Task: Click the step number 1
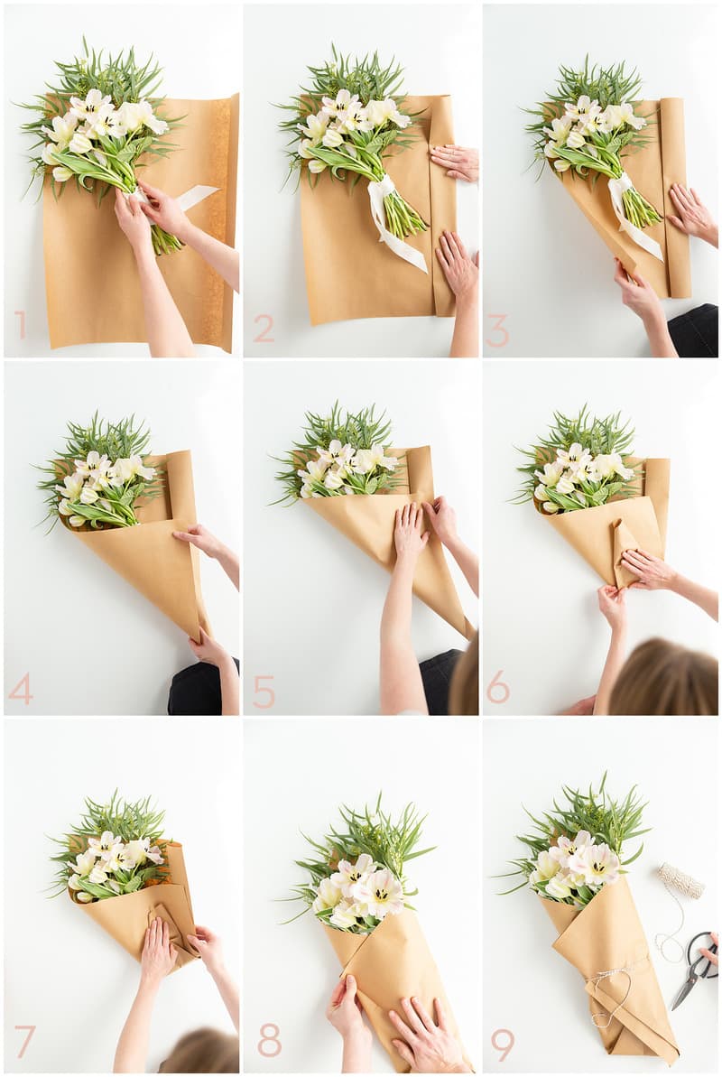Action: [21, 325]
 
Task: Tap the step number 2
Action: [264, 329]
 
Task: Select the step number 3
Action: [497, 331]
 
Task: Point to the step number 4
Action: [21, 689]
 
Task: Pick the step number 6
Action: [498, 687]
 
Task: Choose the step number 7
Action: [24, 1041]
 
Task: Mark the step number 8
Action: [269, 1041]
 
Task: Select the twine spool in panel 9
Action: [680, 880]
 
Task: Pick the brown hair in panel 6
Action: [662, 679]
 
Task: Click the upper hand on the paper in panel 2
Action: [455, 162]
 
